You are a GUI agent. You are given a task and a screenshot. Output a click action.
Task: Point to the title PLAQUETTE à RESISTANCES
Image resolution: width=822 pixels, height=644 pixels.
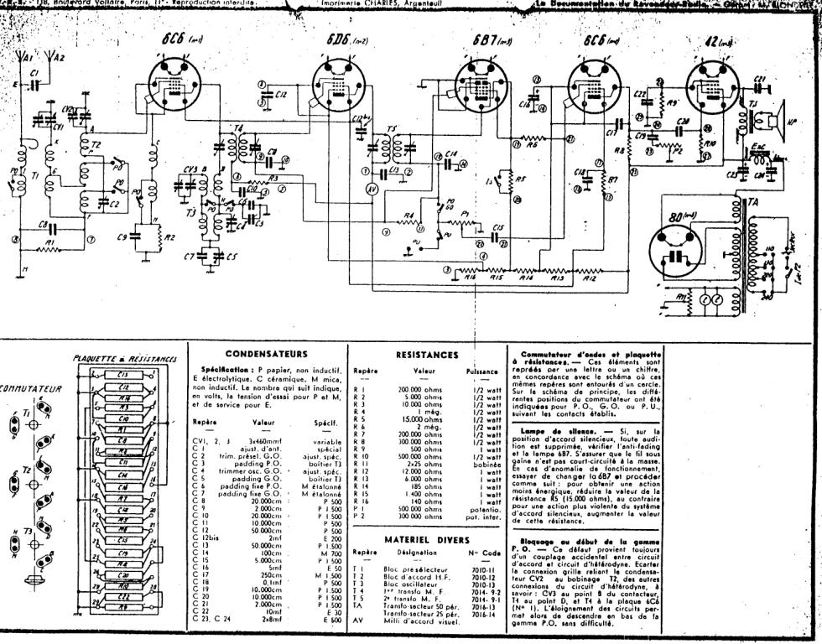126,358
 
